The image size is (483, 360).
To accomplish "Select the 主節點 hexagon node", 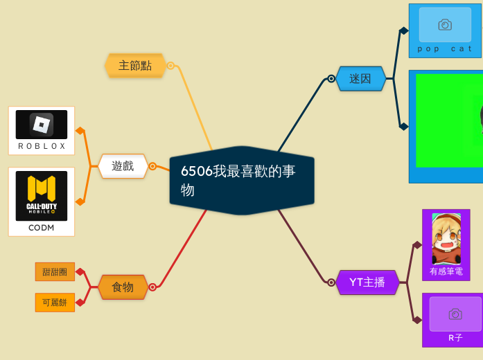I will point(135,66).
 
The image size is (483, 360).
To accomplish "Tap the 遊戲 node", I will point(123,166).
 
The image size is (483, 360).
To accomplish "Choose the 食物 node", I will point(123,287).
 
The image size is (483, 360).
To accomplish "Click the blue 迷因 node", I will point(360,78).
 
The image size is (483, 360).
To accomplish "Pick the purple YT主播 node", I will point(367,282).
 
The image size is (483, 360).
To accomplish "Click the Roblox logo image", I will point(42,125).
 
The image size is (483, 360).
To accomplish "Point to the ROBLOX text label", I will point(42,146).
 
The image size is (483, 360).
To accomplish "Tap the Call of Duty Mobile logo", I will point(42,196).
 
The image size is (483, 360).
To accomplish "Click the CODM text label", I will point(42,227).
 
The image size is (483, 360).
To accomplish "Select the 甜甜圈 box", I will point(55,272).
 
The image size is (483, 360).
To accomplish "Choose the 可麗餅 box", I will point(55,303).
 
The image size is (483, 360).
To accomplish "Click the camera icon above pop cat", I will point(445,25).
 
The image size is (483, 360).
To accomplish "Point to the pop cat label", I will point(445,48).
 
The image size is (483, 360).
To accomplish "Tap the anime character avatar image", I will point(446,239).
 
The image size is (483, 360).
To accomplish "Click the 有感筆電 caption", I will point(446,271).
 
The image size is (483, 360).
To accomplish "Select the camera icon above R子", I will point(455,314).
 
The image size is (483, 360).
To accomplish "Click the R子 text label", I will point(455,338).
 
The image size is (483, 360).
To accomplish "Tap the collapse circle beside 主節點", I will point(170,66).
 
